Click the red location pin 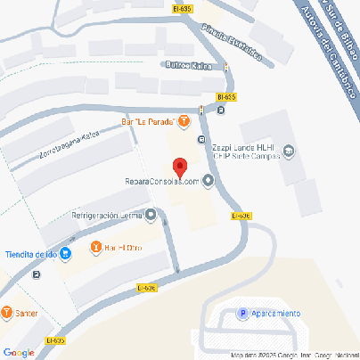tap(179, 167)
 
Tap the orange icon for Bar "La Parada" tap(184, 121)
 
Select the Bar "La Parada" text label tap(149, 121)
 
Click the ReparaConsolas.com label tap(160, 182)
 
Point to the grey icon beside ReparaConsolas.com tap(209, 182)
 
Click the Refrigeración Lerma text tap(106, 215)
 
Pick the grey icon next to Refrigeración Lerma tap(150, 215)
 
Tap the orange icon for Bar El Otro tap(96, 247)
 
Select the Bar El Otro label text tap(124, 247)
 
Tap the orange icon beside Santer tap(7, 313)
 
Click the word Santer tap(28, 313)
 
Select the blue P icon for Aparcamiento tap(241, 313)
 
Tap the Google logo tap(18, 352)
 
